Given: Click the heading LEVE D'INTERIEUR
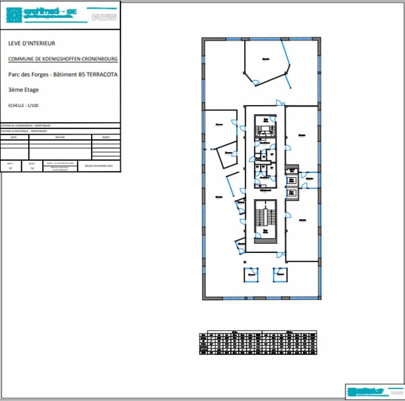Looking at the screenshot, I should coord(32,43).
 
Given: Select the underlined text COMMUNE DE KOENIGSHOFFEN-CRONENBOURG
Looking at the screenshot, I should coord(63,59).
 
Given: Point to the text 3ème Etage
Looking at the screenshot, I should coord(23,90).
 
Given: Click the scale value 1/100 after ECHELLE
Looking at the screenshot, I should coord(33,105).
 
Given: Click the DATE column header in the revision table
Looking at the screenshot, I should coord(14,137).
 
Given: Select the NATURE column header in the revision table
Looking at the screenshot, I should coord(60,137).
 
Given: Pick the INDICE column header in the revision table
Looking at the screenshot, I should coord(106,137).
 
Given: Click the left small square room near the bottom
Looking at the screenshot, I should coord(251,275).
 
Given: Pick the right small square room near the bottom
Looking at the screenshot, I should coord(280,274).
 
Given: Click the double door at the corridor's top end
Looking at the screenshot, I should coord(280,103).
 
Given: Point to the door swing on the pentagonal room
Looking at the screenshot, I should coord(256,83).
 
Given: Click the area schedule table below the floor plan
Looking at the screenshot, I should coord(258,343).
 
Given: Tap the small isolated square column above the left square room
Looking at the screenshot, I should coord(245,262).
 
